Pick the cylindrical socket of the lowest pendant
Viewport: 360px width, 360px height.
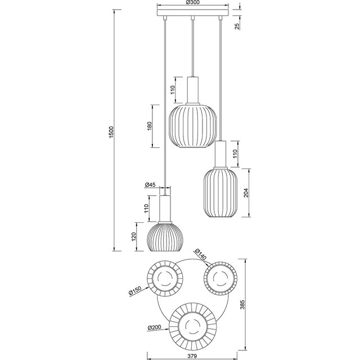165,209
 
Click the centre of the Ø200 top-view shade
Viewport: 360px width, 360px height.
192,327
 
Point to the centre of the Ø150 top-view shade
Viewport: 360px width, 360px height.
165,280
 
